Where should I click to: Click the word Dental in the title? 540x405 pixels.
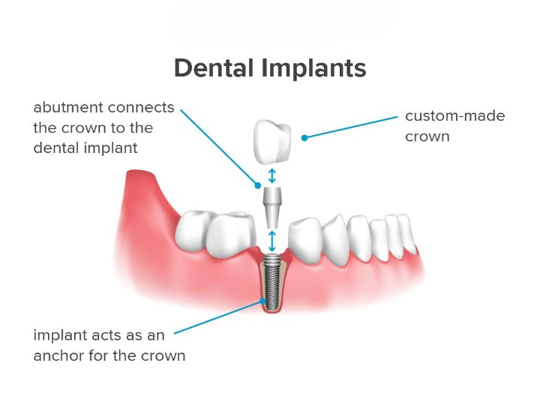214,68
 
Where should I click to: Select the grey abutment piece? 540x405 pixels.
272,205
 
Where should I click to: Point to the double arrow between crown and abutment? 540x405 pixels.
272,175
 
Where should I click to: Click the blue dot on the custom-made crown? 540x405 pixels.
304,137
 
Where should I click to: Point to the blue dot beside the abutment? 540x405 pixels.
256,184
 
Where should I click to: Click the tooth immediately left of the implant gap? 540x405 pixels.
232,235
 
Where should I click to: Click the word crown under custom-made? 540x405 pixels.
427,137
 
